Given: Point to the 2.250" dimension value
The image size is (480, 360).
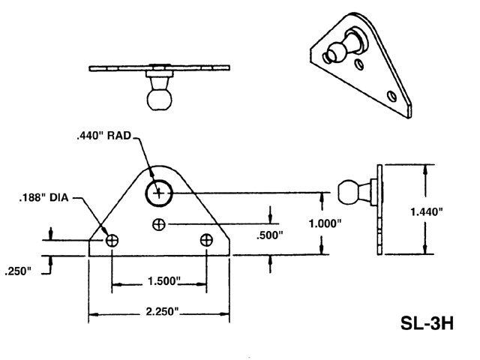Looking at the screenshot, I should pos(160,311).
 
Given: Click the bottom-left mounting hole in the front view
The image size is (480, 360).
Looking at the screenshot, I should pos(112,240).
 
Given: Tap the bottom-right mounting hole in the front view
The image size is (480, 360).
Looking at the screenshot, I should pos(207,240).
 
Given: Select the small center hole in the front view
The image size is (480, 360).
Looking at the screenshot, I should pos(158,223).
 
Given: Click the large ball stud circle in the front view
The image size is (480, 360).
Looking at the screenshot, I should pos(158,193).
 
